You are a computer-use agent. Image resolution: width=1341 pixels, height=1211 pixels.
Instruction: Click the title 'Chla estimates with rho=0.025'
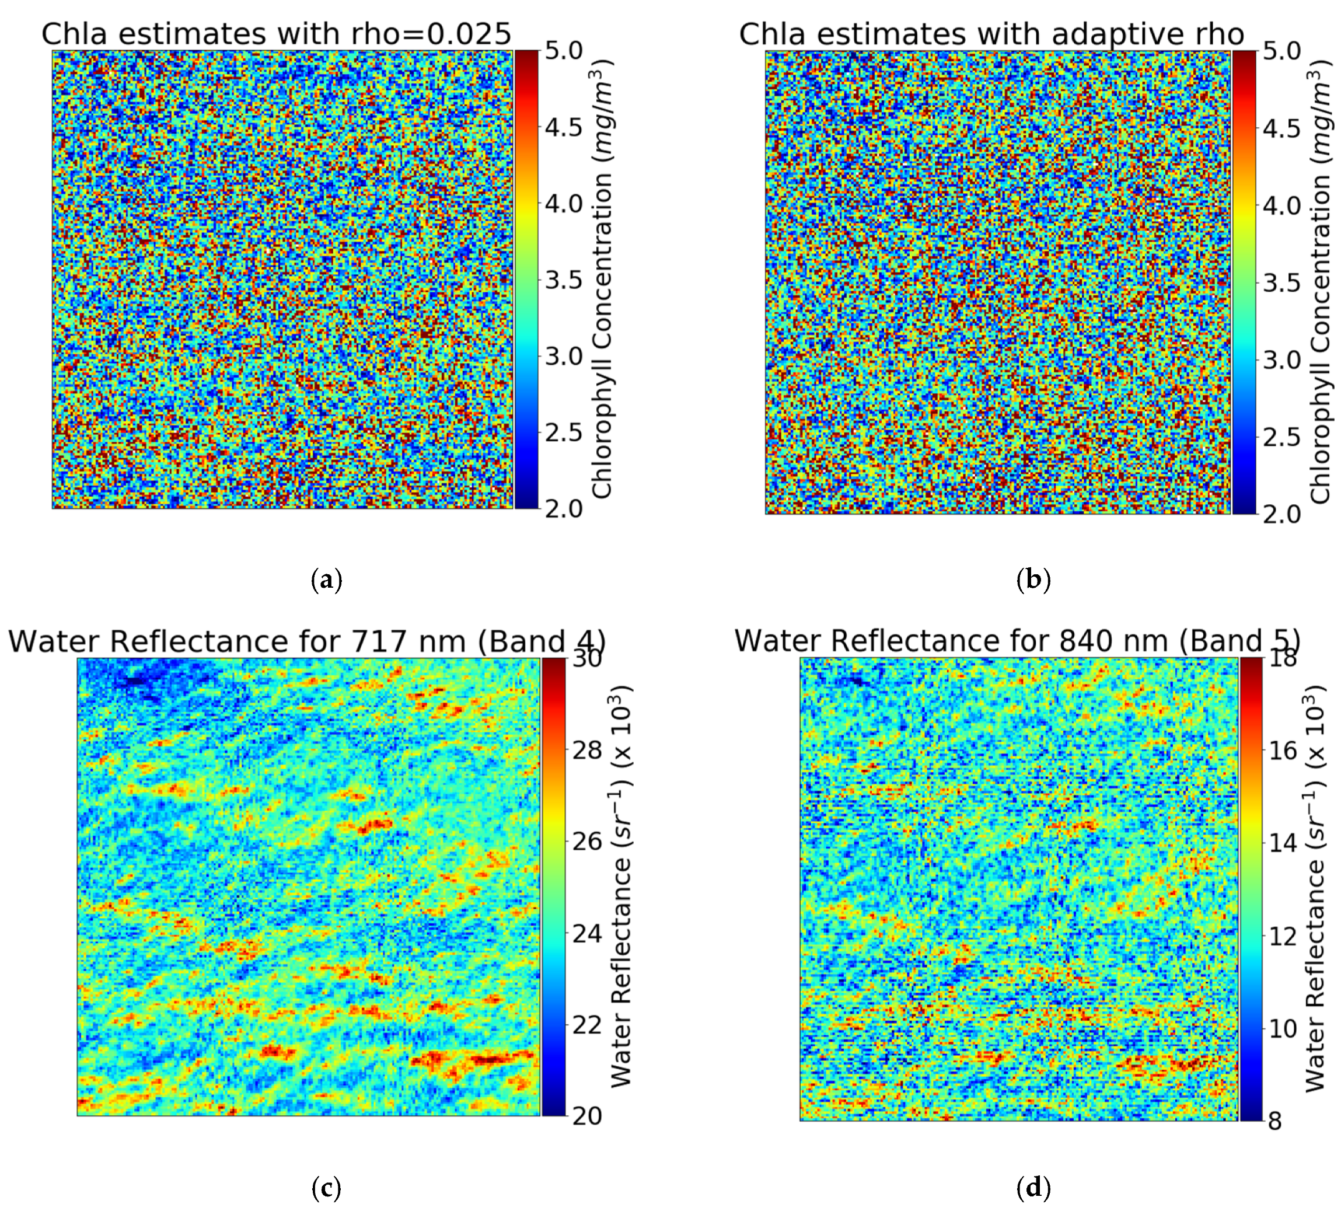tap(276, 33)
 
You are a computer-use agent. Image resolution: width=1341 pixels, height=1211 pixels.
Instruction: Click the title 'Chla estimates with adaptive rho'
tap(991, 33)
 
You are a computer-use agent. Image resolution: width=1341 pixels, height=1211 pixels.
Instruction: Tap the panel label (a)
tap(327, 581)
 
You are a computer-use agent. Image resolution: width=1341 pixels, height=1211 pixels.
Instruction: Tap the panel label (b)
tap(1033, 581)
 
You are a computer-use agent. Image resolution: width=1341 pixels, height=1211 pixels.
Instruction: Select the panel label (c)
tap(327, 1188)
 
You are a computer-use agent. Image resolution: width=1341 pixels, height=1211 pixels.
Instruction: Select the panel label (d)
tap(1033, 1188)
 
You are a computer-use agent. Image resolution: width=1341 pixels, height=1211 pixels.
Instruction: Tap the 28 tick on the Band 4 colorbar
tap(586, 751)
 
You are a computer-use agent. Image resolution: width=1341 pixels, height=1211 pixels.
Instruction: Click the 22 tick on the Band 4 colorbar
tap(586, 1025)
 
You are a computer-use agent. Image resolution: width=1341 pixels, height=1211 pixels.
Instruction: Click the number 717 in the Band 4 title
tap(379, 641)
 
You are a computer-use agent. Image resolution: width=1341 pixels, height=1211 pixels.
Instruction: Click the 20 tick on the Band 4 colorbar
tap(586, 1116)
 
